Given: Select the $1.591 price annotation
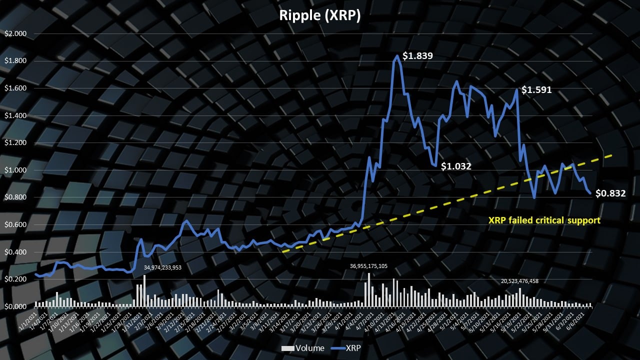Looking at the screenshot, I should coord(536,90).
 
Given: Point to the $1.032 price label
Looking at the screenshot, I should coord(456,166).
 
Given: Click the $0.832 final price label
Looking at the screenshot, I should coord(610,193).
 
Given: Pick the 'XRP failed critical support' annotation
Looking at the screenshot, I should coord(544,220).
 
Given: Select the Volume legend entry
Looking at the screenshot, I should coord(303,348).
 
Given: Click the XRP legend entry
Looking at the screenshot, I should coord(344,348).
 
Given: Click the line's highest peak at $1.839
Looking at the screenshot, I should coord(397,56).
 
